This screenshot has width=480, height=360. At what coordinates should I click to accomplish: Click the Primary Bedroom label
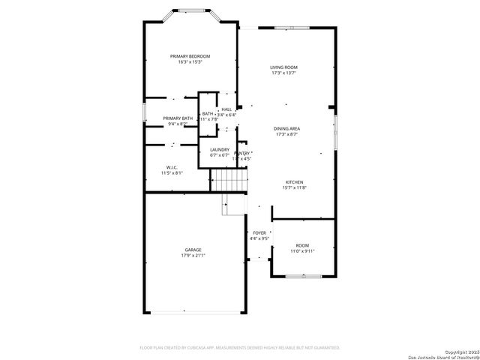[190, 56]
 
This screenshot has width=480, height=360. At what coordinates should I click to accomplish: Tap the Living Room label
[284, 67]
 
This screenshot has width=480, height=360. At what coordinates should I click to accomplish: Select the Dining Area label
[287, 129]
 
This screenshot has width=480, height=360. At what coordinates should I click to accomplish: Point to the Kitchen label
[294, 182]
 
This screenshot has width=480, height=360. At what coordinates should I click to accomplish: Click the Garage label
[193, 250]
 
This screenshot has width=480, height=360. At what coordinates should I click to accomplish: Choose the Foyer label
[259, 233]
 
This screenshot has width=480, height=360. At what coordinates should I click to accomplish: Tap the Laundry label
[220, 150]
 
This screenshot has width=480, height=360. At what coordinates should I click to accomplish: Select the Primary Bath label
[178, 118]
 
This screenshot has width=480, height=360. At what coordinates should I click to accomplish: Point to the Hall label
[226, 109]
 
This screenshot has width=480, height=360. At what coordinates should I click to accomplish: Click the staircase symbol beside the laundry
[228, 180]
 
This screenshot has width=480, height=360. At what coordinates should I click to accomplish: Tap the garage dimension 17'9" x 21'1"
[193, 256]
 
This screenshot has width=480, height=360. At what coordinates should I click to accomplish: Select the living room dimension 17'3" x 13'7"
[284, 73]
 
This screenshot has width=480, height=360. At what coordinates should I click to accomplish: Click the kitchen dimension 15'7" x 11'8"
[294, 188]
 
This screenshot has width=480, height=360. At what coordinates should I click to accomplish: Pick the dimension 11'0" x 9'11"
[301, 251]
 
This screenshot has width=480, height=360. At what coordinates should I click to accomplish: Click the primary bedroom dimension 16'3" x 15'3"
[190, 62]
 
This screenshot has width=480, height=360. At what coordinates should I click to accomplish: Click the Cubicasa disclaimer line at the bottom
[240, 348]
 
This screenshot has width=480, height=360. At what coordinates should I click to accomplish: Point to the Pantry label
[242, 153]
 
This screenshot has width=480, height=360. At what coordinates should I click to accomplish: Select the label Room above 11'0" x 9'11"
[301, 245]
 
